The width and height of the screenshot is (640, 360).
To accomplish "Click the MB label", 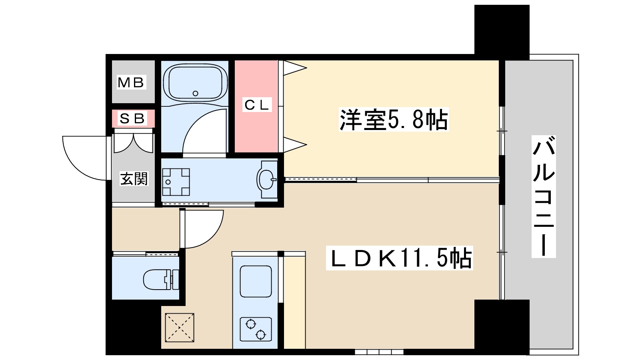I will coord(131,82).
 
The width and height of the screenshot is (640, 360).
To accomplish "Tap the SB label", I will coord(132,118).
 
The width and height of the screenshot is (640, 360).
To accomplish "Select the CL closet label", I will coord(256,105).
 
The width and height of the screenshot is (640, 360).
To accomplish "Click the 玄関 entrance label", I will coord(134,179).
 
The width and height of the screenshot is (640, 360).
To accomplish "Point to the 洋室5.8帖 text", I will coord(394,119).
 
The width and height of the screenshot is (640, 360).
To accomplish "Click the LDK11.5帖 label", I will coord(399,258).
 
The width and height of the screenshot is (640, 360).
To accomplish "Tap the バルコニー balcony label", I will coord(544,196).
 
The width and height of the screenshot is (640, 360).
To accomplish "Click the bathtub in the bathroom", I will coord(195,83).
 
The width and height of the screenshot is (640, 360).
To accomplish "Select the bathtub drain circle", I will coord(195,94).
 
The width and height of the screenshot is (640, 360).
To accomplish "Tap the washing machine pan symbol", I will coord(176,182).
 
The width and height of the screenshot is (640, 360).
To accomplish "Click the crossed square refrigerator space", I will coord(180,328).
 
